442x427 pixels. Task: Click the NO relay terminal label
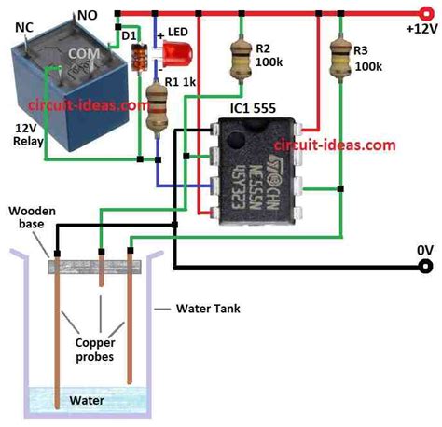point(87,14)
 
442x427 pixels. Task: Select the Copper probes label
point(93,351)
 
